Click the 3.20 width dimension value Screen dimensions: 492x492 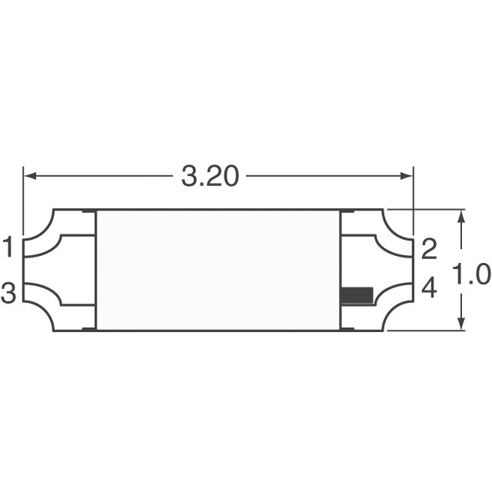[x=210, y=177]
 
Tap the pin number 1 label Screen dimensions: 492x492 [x=8, y=248]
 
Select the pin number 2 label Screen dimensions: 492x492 [x=429, y=248]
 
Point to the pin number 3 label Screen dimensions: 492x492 [x=8, y=293]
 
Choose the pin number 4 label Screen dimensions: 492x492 [x=429, y=290]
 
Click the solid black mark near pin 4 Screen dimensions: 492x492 [x=357, y=294]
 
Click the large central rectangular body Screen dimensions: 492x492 [x=218, y=270]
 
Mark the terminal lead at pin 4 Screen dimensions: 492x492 [x=388, y=293]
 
